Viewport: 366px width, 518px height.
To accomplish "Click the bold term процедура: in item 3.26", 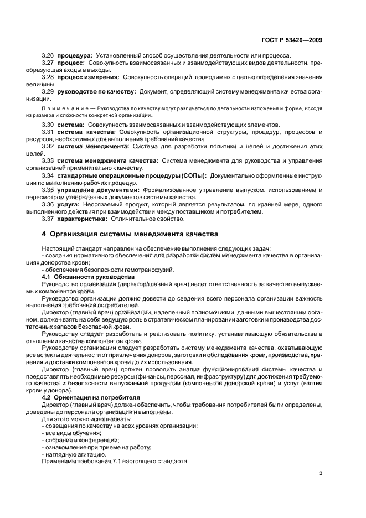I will (75, 55).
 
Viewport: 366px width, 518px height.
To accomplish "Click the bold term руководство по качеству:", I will (97, 91).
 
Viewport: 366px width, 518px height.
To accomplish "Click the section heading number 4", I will (44, 234).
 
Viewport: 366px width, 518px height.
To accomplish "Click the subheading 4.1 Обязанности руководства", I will (88, 276).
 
